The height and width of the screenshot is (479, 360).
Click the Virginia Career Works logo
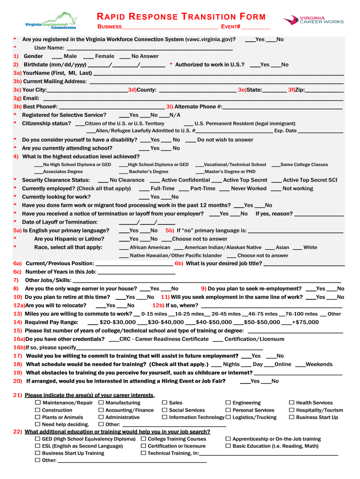pos(313,20)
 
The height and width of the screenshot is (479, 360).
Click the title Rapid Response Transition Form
pos(181,17)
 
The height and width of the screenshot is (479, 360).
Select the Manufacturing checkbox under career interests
pos(101,403)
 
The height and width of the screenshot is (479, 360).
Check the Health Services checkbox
pos(292,403)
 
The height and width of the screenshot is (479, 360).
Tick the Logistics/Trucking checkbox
pos(228,417)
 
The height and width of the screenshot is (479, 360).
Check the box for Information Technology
pos(165,417)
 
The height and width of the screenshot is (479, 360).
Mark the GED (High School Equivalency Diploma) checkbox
pos(38,439)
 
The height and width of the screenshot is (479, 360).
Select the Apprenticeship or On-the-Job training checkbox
pos(228,439)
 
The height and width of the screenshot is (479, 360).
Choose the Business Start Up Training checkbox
pos(38,453)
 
